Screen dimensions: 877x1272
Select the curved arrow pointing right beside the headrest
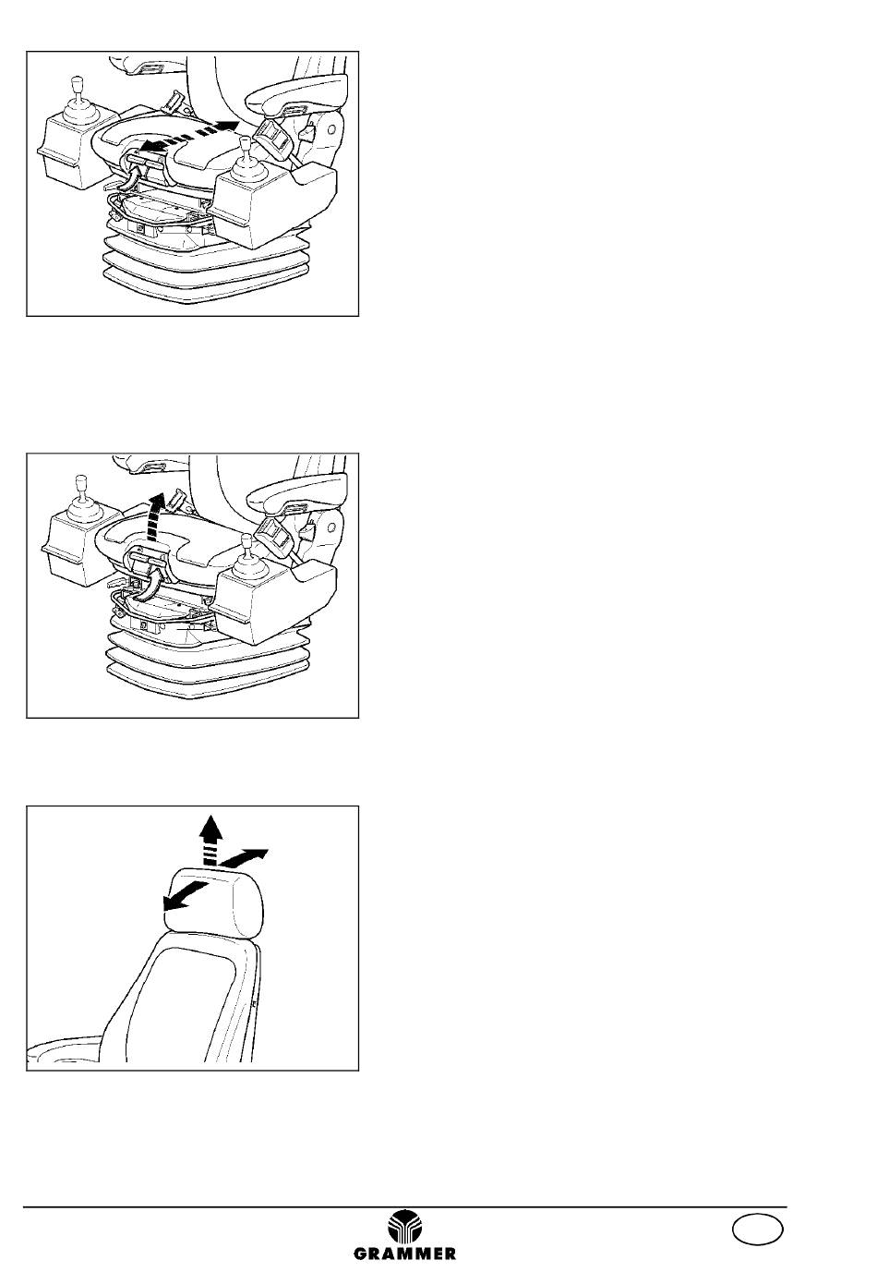click(244, 857)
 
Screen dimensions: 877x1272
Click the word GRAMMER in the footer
click(404, 1254)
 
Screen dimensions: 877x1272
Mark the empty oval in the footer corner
click(757, 1229)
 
